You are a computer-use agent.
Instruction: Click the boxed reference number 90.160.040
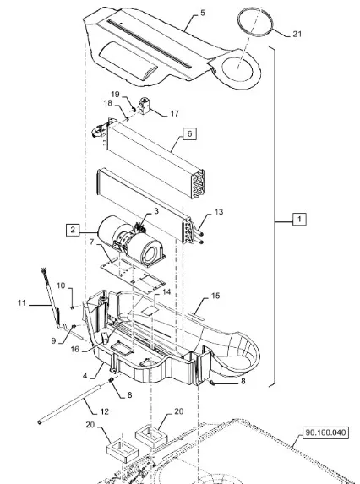point(325,432)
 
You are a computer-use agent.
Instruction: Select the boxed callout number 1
point(299,219)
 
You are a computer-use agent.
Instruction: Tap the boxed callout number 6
point(189,133)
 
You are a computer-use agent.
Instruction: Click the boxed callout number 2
point(73,230)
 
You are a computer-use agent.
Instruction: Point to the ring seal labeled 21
point(255,22)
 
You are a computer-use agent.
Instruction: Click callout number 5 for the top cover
point(203,13)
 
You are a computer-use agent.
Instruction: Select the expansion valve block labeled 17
point(145,106)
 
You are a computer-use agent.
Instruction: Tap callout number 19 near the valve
point(115,94)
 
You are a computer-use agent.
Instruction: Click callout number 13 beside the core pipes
point(219,212)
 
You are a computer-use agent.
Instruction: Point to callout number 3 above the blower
point(156,211)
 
